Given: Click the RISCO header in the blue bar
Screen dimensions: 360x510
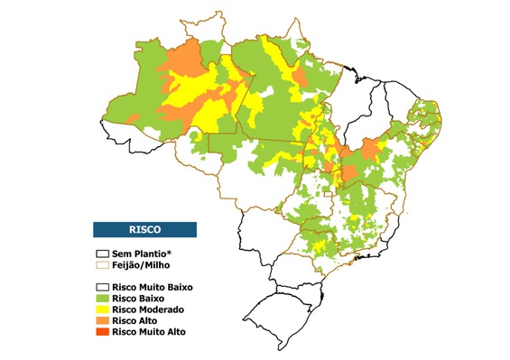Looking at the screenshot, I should [145, 229].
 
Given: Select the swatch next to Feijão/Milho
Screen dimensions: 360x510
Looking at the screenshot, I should [103, 265].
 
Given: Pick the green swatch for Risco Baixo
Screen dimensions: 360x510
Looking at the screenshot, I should [103, 297].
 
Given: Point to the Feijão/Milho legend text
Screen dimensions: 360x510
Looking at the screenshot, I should [143, 265].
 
